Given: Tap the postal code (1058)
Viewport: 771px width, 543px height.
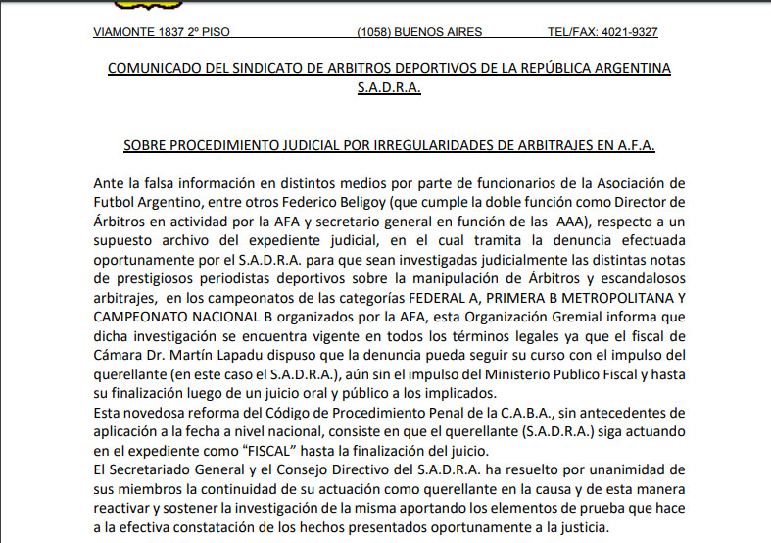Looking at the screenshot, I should point(374,32).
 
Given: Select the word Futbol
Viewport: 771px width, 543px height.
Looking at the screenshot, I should point(115,203).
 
